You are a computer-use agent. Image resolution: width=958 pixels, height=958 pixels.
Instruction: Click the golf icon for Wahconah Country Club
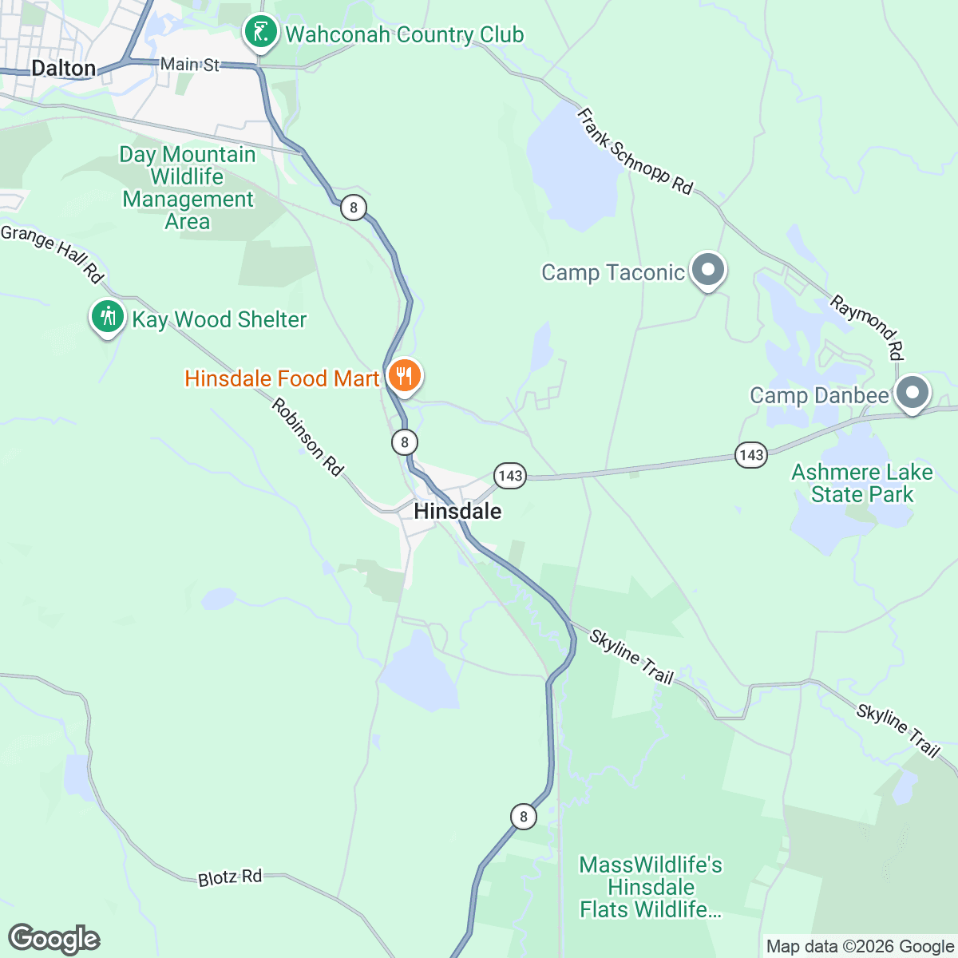260,33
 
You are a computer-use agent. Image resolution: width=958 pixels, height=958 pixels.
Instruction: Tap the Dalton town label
64,68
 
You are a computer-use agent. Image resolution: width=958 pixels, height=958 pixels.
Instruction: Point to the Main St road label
189,64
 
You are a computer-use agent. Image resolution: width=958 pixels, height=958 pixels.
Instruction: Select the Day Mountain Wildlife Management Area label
188,188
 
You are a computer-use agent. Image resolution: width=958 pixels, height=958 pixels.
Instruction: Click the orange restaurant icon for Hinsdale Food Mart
405,374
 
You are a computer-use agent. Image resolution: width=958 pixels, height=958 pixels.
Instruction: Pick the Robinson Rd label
307,437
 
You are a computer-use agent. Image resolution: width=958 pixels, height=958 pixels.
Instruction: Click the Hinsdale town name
457,511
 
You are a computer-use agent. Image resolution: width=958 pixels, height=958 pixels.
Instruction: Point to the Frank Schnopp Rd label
635,152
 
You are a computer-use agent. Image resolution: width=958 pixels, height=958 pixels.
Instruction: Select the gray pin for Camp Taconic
707,270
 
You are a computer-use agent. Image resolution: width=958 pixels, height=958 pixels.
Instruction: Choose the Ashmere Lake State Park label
862,483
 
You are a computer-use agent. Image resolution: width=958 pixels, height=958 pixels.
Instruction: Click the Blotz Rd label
230,877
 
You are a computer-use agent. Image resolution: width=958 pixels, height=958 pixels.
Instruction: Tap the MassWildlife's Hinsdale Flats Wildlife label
651,887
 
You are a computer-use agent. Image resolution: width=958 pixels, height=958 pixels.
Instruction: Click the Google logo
54,939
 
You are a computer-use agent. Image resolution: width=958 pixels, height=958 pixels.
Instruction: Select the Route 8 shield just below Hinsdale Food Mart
405,441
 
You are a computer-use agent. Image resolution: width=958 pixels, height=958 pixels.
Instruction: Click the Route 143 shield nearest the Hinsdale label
509,477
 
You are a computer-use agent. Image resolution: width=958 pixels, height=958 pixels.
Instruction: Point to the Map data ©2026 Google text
860,947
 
